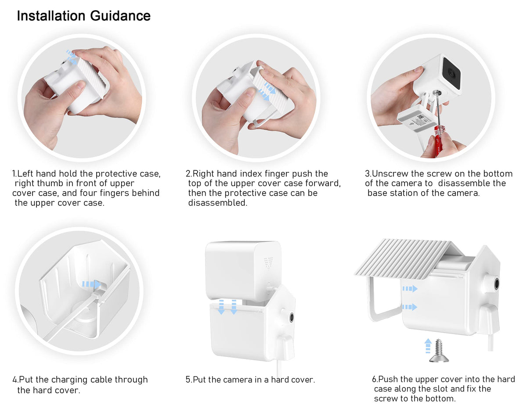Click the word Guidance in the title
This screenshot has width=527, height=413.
[120, 16]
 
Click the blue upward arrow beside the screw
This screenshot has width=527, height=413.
[428, 345]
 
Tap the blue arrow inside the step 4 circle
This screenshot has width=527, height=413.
[92, 284]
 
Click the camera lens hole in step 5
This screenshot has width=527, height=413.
[291, 317]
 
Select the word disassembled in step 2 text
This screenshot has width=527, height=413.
[217, 203]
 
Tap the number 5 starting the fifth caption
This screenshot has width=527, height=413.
[188, 380]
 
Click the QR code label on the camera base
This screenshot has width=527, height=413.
[420, 119]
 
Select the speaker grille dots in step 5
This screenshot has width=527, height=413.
[268, 263]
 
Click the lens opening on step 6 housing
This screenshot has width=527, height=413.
[497, 284]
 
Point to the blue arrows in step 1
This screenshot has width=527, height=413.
[72, 57]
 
